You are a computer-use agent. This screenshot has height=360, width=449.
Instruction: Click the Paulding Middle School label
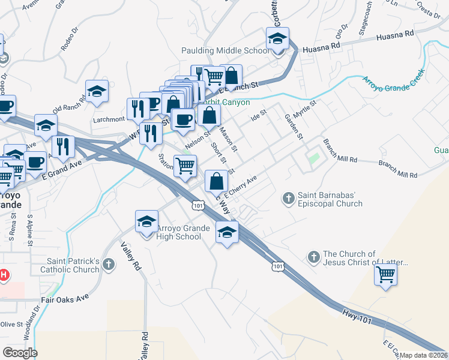225,50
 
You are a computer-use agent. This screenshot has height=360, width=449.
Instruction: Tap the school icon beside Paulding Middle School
277,40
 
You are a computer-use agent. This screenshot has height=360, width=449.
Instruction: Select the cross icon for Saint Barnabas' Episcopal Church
288,197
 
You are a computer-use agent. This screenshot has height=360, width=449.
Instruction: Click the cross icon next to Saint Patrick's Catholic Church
108,265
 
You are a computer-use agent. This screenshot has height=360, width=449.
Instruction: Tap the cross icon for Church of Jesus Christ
313,257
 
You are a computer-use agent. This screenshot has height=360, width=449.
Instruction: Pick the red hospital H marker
3,275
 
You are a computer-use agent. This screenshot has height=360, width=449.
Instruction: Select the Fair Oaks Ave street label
65,297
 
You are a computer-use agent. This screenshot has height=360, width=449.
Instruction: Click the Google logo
20,352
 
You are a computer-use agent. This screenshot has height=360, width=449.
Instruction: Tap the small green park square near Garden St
313,159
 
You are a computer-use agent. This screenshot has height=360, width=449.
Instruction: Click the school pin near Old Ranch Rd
97,91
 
